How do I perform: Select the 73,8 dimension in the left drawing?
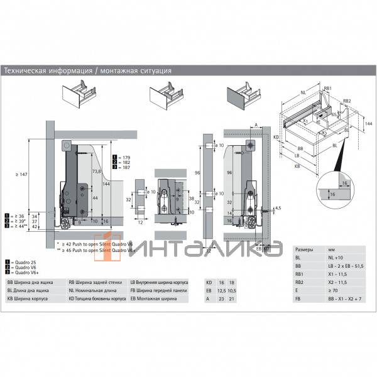point(97,172)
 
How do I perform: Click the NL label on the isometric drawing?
point(303,92)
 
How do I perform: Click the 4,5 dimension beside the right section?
point(278,207)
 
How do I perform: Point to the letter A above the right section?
point(256,124)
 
